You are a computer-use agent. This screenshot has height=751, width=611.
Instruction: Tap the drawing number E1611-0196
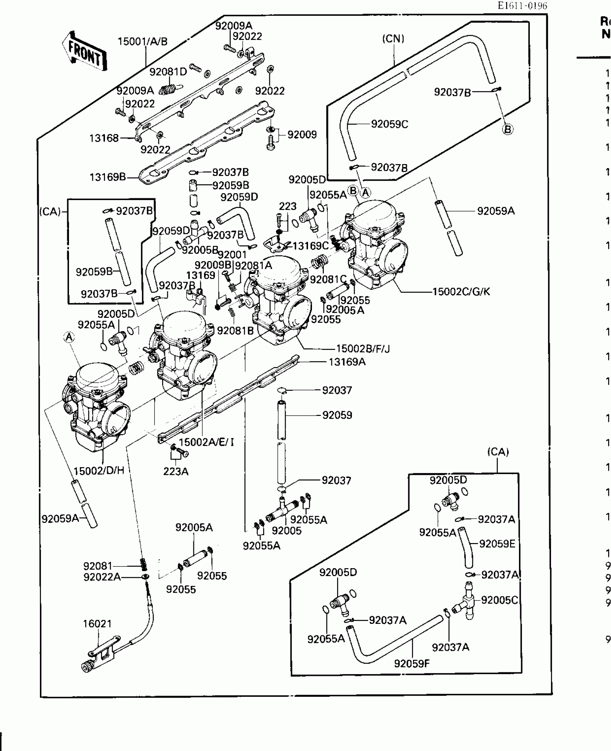click(x=522, y=6)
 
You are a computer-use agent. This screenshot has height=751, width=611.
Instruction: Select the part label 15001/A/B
click(x=143, y=42)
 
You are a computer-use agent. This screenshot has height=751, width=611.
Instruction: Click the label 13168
click(x=104, y=138)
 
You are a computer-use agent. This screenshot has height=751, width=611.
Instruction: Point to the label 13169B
click(x=108, y=177)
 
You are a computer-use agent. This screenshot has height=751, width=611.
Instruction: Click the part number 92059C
click(x=389, y=124)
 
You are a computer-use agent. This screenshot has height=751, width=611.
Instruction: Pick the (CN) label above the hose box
click(x=393, y=39)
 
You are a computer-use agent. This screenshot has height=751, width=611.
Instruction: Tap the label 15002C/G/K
click(x=461, y=291)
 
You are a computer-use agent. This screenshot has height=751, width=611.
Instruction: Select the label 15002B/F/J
click(x=363, y=348)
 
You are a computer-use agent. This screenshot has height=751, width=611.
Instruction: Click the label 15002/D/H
click(x=99, y=470)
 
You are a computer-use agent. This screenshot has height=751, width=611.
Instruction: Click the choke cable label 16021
click(x=97, y=624)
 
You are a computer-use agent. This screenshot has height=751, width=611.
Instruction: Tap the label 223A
click(x=176, y=472)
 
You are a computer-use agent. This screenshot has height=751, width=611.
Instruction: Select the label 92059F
click(x=412, y=663)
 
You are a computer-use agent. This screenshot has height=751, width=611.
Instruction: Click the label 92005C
click(x=499, y=600)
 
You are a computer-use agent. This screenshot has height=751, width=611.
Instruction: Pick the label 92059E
click(x=497, y=544)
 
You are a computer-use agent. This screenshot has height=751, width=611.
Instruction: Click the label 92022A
click(x=102, y=577)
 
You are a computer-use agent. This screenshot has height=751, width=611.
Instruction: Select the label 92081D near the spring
click(x=168, y=72)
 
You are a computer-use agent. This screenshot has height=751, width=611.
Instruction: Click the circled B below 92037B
click(x=507, y=129)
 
